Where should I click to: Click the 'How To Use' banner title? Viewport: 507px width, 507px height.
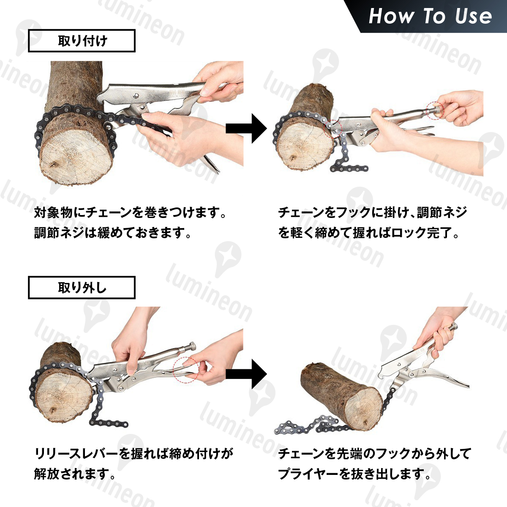pyautogui.click(x=430, y=16)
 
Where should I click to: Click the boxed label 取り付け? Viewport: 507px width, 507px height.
pyautogui.click(x=82, y=41)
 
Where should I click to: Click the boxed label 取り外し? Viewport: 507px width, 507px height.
pyautogui.click(x=82, y=288)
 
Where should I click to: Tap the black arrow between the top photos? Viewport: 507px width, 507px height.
pyautogui.click(x=246, y=128)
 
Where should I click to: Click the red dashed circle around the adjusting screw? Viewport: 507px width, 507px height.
pyautogui.click(x=435, y=111)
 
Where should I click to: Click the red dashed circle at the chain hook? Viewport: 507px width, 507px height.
pyautogui.click(x=333, y=129)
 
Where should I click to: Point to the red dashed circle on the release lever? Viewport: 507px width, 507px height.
pyautogui.click(x=186, y=370)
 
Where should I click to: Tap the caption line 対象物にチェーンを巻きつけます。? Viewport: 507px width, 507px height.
pyautogui.click(x=130, y=213)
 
